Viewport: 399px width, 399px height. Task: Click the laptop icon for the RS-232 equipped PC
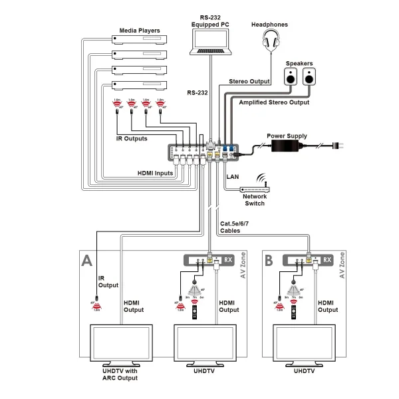pyautogui.click(x=211, y=41)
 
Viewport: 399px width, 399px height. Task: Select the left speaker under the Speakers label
pyautogui.click(x=290, y=78)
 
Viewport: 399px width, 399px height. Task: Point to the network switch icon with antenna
pyautogui.click(x=255, y=186)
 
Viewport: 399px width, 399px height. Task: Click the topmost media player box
pyautogui.click(x=140, y=40)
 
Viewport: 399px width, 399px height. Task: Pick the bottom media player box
pyautogui.click(x=140, y=84)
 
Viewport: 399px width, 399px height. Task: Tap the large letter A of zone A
pyautogui.click(x=86, y=260)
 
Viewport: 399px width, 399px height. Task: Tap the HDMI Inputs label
pyautogui.click(x=155, y=173)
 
